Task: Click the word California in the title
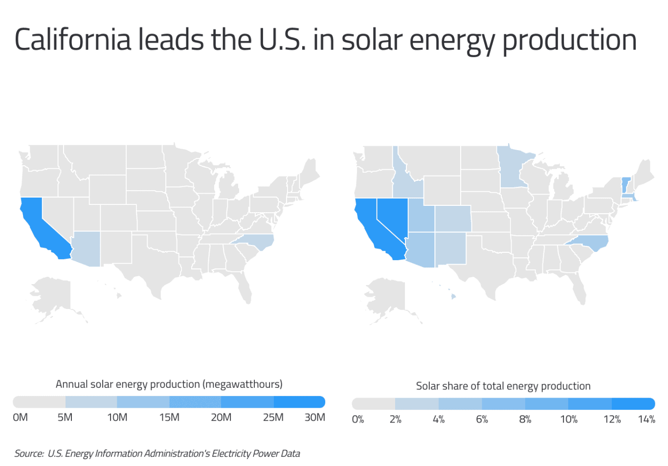[73, 40]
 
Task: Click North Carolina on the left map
[254, 241]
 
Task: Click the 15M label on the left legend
[169, 418]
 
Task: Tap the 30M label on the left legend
[314, 418]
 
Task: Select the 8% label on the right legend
[525, 420]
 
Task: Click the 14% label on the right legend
[646, 420]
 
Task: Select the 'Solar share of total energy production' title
[503, 386]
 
